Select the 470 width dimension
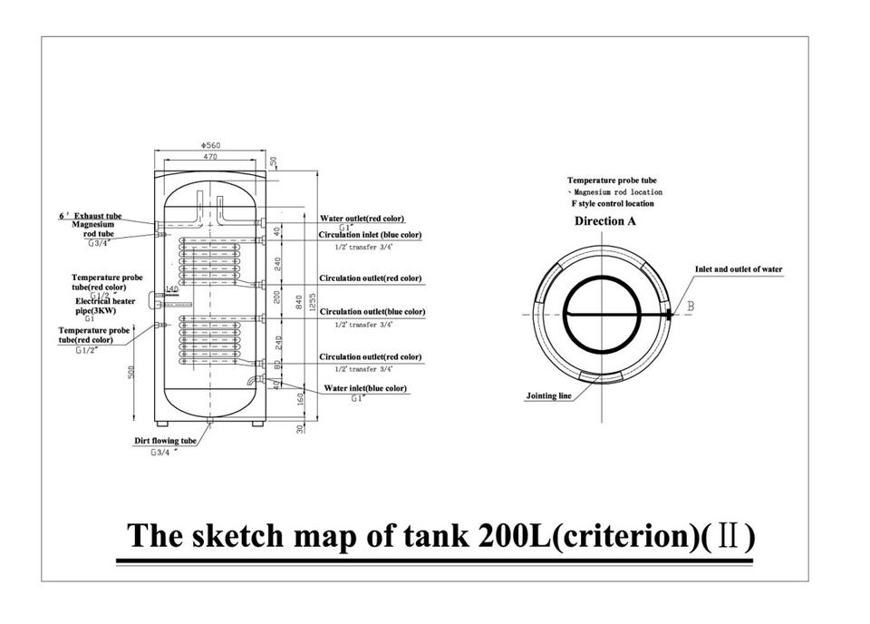pos(209,158)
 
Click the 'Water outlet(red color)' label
pos(362,219)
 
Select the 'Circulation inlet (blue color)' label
pos(371,235)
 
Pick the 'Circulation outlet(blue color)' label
pos(371,312)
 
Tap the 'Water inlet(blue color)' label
pos(365,388)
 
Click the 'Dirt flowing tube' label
pos(165,441)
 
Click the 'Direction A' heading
pos(604,221)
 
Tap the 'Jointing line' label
pos(549,396)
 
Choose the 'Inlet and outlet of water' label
pos(738,269)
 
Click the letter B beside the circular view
pos(691,307)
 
